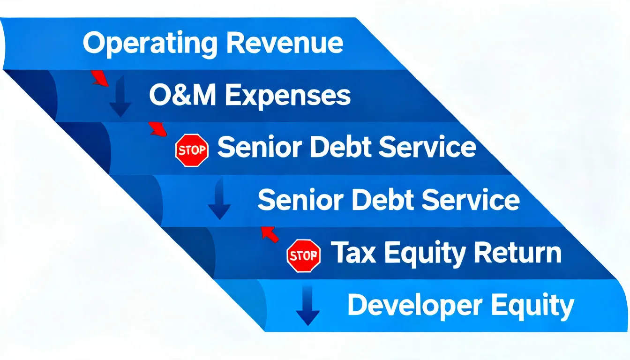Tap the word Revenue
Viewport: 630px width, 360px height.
click(x=285, y=43)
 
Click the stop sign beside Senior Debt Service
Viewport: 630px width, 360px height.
click(x=192, y=150)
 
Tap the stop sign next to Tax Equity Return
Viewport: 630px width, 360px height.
click(x=304, y=255)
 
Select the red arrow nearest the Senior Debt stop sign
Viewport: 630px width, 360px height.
click(x=157, y=129)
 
